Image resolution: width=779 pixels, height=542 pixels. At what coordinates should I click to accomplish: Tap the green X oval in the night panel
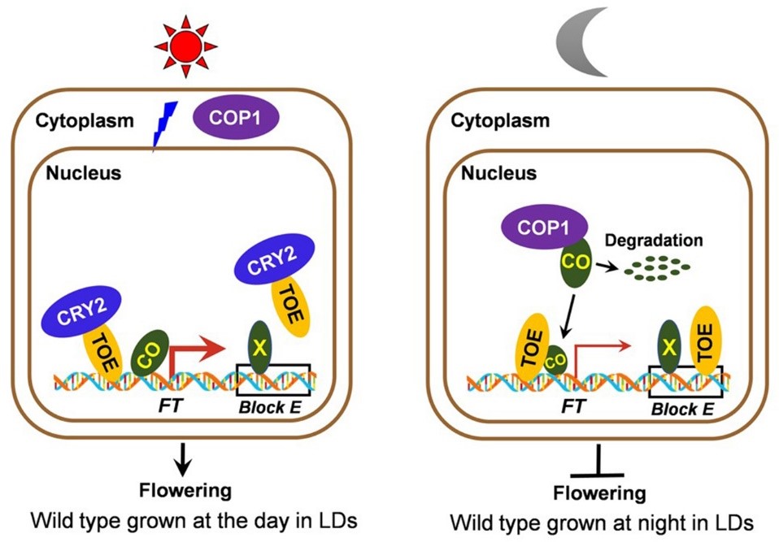click(668, 346)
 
